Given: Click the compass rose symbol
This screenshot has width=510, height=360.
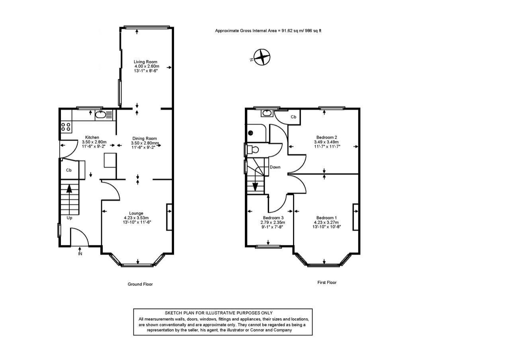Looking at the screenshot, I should click(262, 57).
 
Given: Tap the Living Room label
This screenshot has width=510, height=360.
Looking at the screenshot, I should click(145, 62).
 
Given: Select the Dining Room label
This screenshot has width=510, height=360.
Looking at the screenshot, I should click(145, 138).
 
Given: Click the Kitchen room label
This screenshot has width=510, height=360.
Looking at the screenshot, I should click(92, 137).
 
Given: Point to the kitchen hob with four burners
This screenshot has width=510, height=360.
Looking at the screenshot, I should click(66, 127).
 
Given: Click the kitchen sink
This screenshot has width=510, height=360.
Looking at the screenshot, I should click(100, 115).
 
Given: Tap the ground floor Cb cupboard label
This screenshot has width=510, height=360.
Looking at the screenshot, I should click(68, 170).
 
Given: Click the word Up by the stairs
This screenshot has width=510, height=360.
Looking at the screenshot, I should click(69, 218).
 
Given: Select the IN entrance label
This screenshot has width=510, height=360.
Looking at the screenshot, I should click(80, 254).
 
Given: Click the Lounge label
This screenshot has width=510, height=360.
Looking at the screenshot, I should click(136, 213).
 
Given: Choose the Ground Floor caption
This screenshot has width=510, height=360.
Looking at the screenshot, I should click(140, 284).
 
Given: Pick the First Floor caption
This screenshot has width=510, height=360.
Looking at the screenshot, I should click(327, 282).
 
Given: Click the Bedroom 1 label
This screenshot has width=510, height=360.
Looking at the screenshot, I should click(326, 218).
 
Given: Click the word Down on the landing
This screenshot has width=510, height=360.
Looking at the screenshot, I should click(275, 167).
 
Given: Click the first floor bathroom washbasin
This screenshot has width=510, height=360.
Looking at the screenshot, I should click(266, 114).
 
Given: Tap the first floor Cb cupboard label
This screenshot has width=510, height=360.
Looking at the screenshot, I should click(293, 117).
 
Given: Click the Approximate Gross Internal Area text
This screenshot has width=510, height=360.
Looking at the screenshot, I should click(268, 31).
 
